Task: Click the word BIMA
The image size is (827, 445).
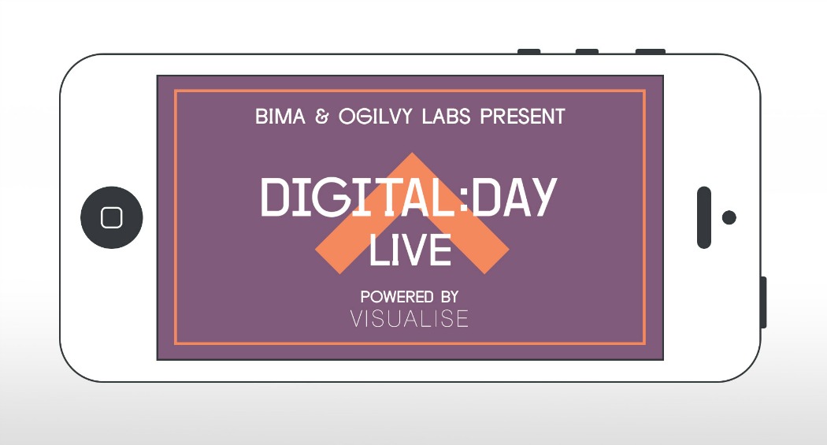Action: (280, 117)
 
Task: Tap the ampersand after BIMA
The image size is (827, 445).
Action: (321, 117)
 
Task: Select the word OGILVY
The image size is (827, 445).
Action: (375, 117)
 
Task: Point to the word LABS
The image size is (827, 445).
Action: (446, 117)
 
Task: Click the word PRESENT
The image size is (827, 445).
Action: (522, 117)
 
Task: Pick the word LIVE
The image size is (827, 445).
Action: (410, 250)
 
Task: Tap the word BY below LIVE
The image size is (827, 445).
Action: (450, 297)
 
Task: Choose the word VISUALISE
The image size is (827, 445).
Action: (410, 319)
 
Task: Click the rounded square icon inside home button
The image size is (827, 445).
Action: (112, 217)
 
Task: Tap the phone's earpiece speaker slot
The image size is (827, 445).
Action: (704, 217)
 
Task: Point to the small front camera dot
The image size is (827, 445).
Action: (729, 217)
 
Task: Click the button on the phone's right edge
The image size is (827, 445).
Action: (764, 302)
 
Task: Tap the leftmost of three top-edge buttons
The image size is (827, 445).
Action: (529, 52)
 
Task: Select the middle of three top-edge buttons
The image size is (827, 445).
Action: (587, 52)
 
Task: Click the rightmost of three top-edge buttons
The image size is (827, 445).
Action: (651, 52)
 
